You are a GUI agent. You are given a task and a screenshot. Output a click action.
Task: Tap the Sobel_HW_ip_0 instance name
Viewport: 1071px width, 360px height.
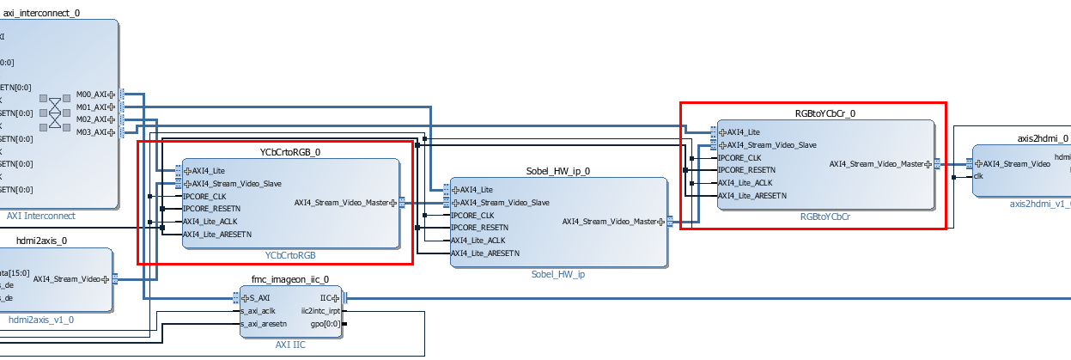click(558, 171)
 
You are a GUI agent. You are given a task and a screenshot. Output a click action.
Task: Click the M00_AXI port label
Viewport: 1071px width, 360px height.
click(92, 94)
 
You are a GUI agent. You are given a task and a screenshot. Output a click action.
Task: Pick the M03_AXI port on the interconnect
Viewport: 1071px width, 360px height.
click(92, 132)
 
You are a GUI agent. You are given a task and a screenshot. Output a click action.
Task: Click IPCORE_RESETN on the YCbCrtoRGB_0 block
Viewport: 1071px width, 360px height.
click(212, 208)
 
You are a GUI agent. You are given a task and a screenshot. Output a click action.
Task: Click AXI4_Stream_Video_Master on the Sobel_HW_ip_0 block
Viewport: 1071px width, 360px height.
click(609, 221)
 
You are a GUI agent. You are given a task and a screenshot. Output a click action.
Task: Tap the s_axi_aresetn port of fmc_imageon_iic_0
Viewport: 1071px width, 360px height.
click(264, 324)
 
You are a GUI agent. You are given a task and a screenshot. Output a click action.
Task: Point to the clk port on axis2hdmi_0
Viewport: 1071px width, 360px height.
click(978, 176)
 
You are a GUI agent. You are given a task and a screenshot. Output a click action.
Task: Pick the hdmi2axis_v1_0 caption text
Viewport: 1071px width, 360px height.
click(41, 320)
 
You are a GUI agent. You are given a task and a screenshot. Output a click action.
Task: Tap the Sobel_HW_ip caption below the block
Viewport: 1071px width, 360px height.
click(557, 275)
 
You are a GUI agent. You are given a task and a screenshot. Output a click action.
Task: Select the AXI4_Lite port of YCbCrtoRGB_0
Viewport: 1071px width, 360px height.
click(209, 170)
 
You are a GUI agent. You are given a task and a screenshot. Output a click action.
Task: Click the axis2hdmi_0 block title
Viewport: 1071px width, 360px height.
click(1043, 137)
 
